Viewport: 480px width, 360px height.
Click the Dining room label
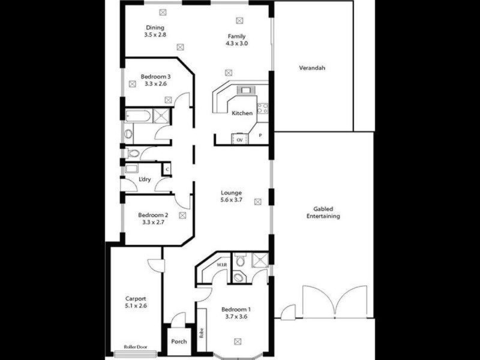(x=154, y=28)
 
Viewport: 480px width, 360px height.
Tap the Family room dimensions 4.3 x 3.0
(x=236, y=44)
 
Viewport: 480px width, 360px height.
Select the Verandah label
(x=312, y=68)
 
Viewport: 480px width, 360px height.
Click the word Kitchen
(x=242, y=113)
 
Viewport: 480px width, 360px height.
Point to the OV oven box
(x=239, y=140)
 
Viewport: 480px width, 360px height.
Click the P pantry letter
(x=260, y=136)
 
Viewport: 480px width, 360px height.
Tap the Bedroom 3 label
(x=155, y=76)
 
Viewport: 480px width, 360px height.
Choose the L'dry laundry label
(x=145, y=179)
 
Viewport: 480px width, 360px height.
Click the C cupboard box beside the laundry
(x=167, y=170)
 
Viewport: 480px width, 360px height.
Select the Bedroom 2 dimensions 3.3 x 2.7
(x=153, y=223)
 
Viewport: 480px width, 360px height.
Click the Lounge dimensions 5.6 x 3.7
(x=230, y=200)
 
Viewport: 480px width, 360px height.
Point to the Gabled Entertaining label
(x=323, y=212)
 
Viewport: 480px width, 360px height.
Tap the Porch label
(x=179, y=342)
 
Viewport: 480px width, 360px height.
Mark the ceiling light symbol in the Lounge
(x=258, y=201)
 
